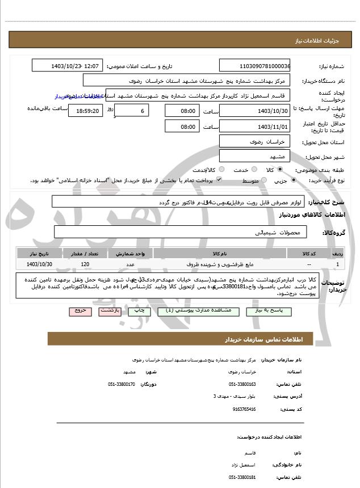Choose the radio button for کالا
tap(280, 169)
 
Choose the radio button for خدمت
tap(253, 169)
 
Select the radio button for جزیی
tap(293, 180)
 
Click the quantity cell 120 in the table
tap(85, 264)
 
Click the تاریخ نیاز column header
tap(40, 253)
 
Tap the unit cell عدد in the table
tap(129, 264)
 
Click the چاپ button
tap(136, 311)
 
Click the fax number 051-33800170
tap(122, 384)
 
